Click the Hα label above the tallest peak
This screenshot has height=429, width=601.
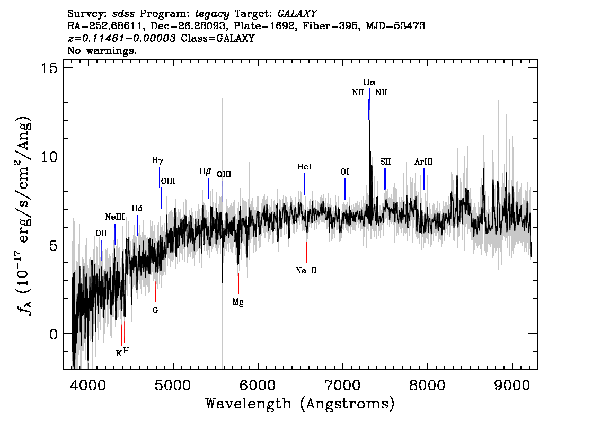click(369, 82)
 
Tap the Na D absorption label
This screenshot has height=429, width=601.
click(306, 271)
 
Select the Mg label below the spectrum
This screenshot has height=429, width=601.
click(238, 302)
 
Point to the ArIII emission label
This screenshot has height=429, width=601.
click(423, 162)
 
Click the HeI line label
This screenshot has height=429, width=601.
click(304, 167)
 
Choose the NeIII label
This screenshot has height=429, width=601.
click(114, 217)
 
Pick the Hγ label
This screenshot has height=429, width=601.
click(157, 160)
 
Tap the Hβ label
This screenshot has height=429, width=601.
click(206, 171)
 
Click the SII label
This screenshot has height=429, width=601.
click(385, 162)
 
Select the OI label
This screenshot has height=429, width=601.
click(344, 172)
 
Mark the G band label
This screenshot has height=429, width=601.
click(155, 310)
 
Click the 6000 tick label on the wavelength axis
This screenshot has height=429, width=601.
click(258, 386)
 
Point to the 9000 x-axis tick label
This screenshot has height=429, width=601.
click(512, 386)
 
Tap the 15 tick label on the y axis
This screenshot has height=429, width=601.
click(49, 68)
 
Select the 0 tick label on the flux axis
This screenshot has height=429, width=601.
click(54, 334)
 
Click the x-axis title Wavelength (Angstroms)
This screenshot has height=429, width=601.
click(300, 404)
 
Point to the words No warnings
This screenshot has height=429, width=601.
click(102, 50)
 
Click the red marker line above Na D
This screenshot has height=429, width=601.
click(307, 252)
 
